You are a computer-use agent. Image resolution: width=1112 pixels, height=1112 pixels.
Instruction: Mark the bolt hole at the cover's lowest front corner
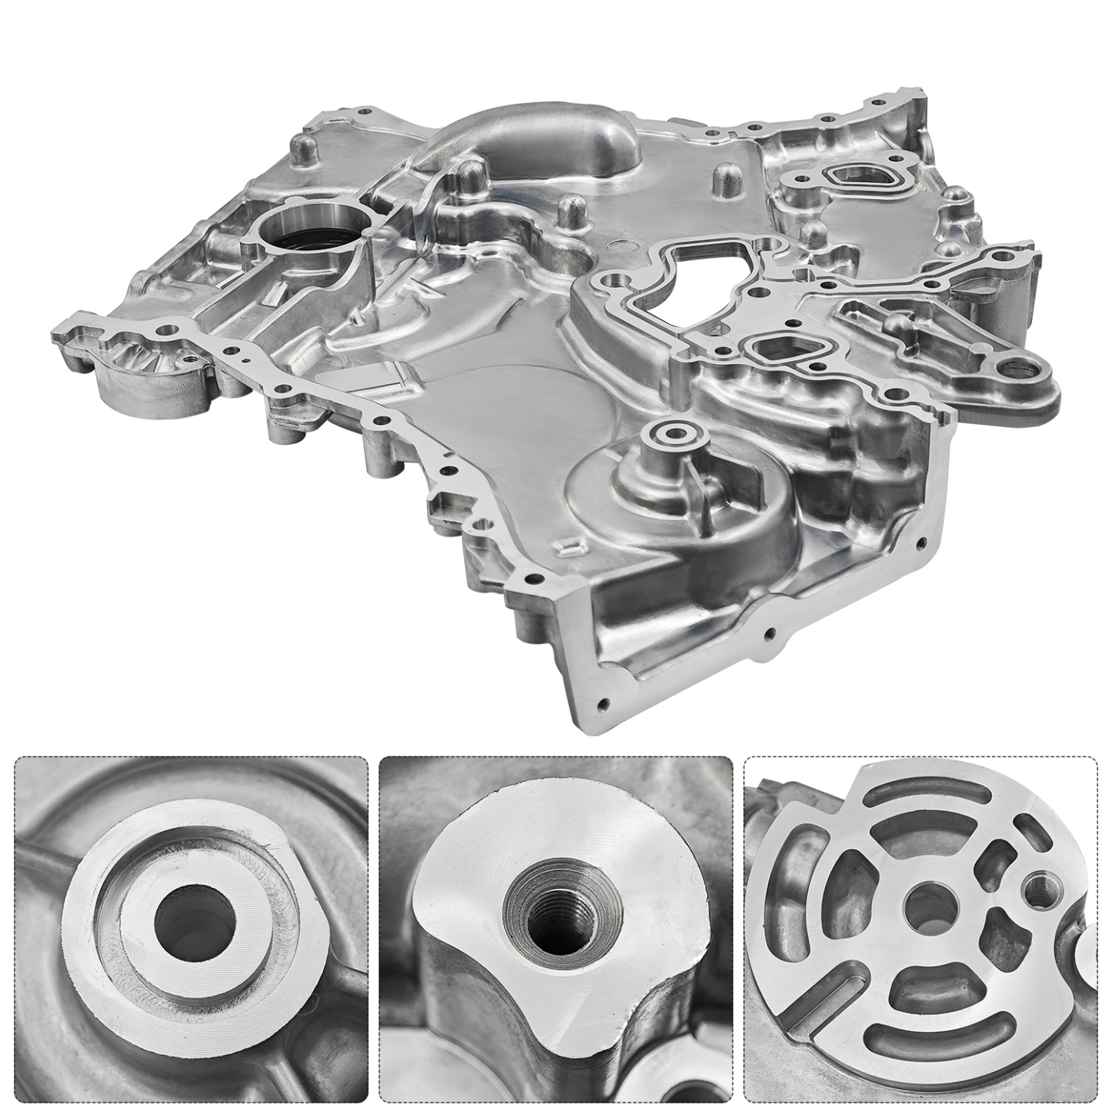(602, 703)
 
